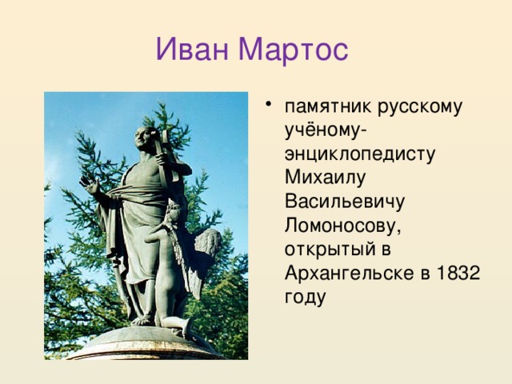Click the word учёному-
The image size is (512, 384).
point(326,130)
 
